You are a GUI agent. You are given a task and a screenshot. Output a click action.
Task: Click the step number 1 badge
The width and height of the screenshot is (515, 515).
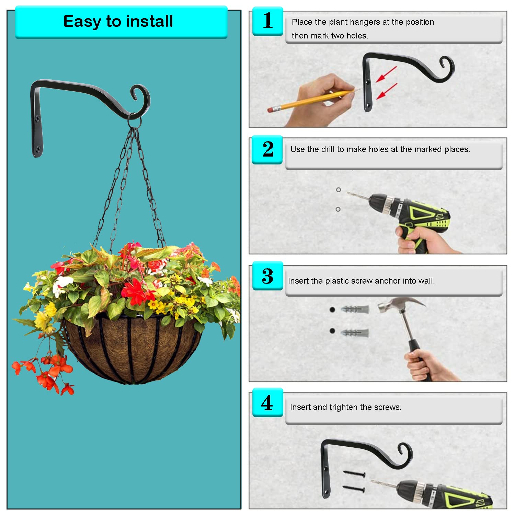(x=268, y=21)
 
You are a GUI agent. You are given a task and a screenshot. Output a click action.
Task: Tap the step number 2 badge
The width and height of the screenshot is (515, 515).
(x=267, y=149)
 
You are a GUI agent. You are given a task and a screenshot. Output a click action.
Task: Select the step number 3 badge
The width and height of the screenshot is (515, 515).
(x=268, y=276)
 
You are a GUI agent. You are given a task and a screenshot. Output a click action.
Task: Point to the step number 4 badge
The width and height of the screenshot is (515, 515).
(x=267, y=402)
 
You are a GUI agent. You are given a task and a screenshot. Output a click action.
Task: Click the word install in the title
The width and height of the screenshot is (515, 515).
(x=150, y=21)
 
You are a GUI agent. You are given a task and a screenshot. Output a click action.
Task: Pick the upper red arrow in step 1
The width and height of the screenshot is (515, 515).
(x=386, y=75)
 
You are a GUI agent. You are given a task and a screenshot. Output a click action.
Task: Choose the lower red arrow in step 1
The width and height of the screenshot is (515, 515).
(x=387, y=92)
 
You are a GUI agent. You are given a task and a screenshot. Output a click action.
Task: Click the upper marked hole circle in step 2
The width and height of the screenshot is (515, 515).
(x=339, y=190)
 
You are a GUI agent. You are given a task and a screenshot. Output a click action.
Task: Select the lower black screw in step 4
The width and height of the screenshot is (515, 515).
(x=354, y=488)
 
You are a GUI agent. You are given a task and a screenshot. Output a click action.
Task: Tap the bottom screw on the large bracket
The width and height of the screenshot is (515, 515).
(x=38, y=149)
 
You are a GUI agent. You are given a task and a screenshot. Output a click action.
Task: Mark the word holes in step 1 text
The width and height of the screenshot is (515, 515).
(x=357, y=36)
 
